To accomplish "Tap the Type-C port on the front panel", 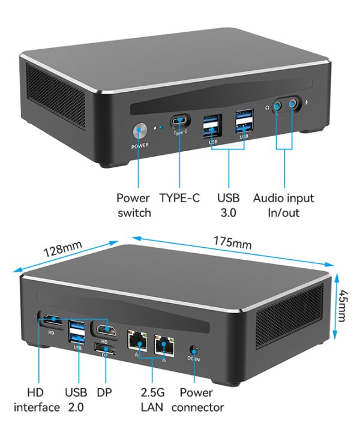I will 181,120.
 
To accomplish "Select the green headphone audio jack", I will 277,106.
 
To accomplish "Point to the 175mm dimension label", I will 232,242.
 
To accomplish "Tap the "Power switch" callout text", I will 134,205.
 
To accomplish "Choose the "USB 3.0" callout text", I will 228,205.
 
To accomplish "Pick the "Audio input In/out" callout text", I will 283,205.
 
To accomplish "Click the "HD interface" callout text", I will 36,400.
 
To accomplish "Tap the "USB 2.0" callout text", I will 77,400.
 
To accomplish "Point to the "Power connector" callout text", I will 197,400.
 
